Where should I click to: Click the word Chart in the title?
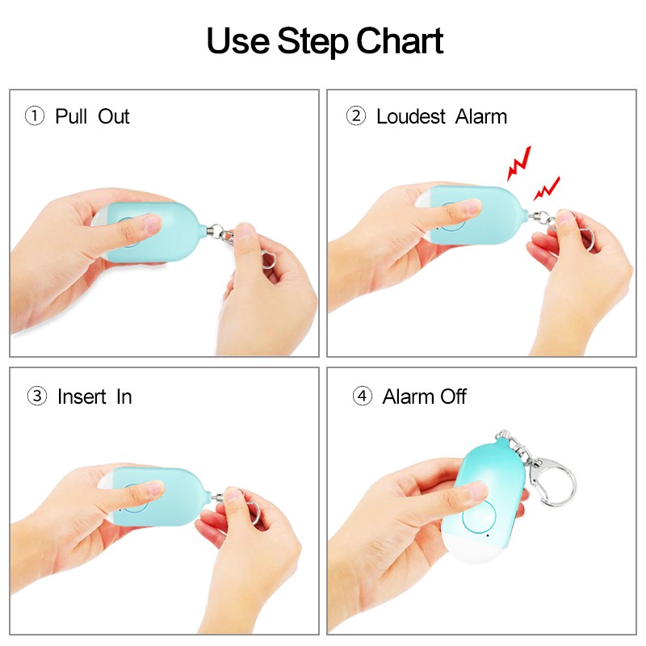pyautogui.click(x=400, y=40)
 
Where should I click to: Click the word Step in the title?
pyautogui.click(x=313, y=42)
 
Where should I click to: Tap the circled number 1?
pyautogui.click(x=35, y=115)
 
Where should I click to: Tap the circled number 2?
pyautogui.click(x=356, y=115)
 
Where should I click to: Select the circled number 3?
pyautogui.click(x=36, y=396)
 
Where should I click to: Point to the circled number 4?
pyautogui.click(x=362, y=396)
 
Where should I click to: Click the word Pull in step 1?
pyautogui.click(x=71, y=115)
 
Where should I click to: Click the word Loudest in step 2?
pyautogui.click(x=411, y=116)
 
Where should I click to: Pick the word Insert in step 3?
pyautogui.click(x=82, y=396)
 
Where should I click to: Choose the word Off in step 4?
pyautogui.click(x=453, y=396)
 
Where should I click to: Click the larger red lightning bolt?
pyautogui.click(x=518, y=163)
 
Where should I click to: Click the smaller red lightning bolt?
pyautogui.click(x=547, y=189)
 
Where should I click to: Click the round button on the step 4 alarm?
pyautogui.click(x=478, y=517)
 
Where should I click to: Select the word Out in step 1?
pyautogui.click(x=114, y=116)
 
